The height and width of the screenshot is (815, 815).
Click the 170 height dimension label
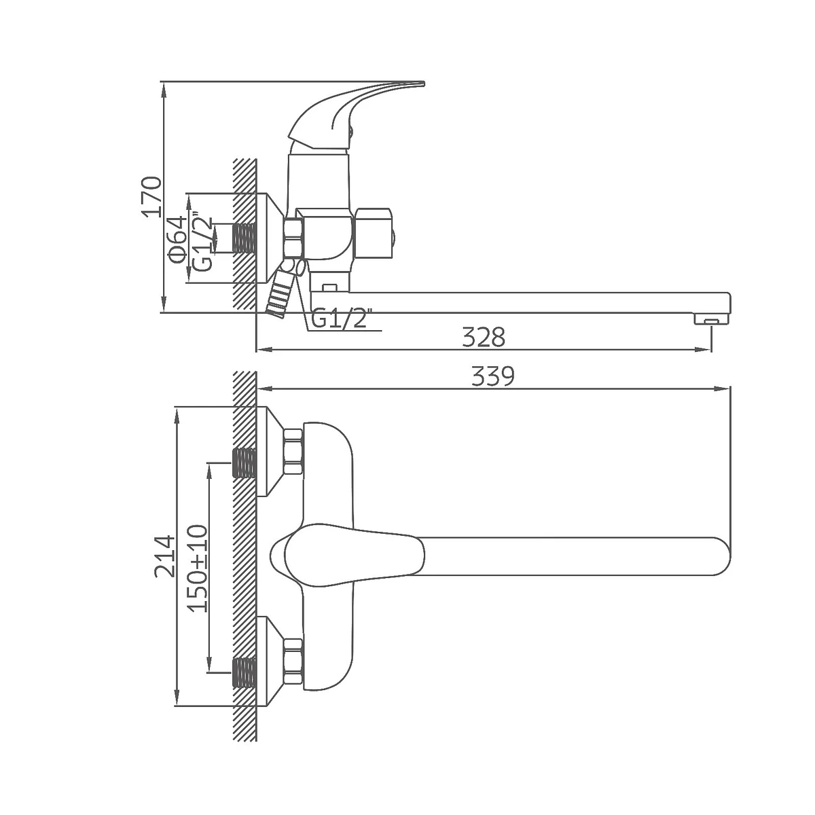tap(152, 197)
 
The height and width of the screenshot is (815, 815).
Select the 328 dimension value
tap(484, 337)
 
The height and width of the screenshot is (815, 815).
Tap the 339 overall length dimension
tap(492, 376)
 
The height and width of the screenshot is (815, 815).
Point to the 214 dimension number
tap(164, 556)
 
